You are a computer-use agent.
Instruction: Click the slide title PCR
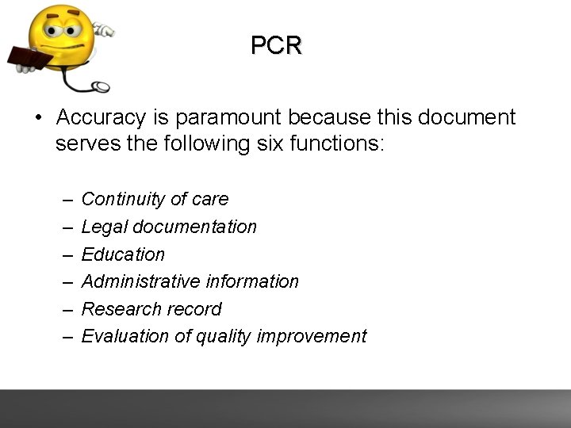(276, 46)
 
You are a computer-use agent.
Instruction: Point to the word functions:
(337, 144)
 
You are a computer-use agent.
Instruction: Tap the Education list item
(123, 254)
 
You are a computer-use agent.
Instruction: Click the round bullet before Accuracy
(37, 118)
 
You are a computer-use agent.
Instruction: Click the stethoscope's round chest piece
(101, 86)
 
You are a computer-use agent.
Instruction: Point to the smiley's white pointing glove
(104, 29)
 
